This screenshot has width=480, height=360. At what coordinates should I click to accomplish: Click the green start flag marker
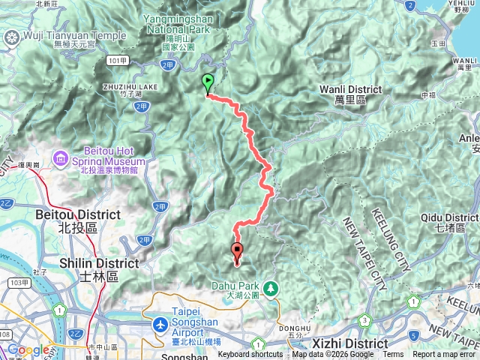(208, 83)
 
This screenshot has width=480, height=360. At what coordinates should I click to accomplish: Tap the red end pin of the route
(238, 253)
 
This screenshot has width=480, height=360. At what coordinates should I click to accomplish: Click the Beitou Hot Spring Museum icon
(59, 160)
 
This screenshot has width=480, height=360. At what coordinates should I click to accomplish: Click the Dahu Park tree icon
(269, 286)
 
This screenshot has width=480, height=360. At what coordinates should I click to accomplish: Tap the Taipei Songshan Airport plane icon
(160, 324)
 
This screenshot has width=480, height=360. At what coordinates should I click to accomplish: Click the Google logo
(28, 349)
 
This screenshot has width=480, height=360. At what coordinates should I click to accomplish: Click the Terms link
(393, 355)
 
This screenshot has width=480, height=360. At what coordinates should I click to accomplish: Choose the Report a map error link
(444, 355)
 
